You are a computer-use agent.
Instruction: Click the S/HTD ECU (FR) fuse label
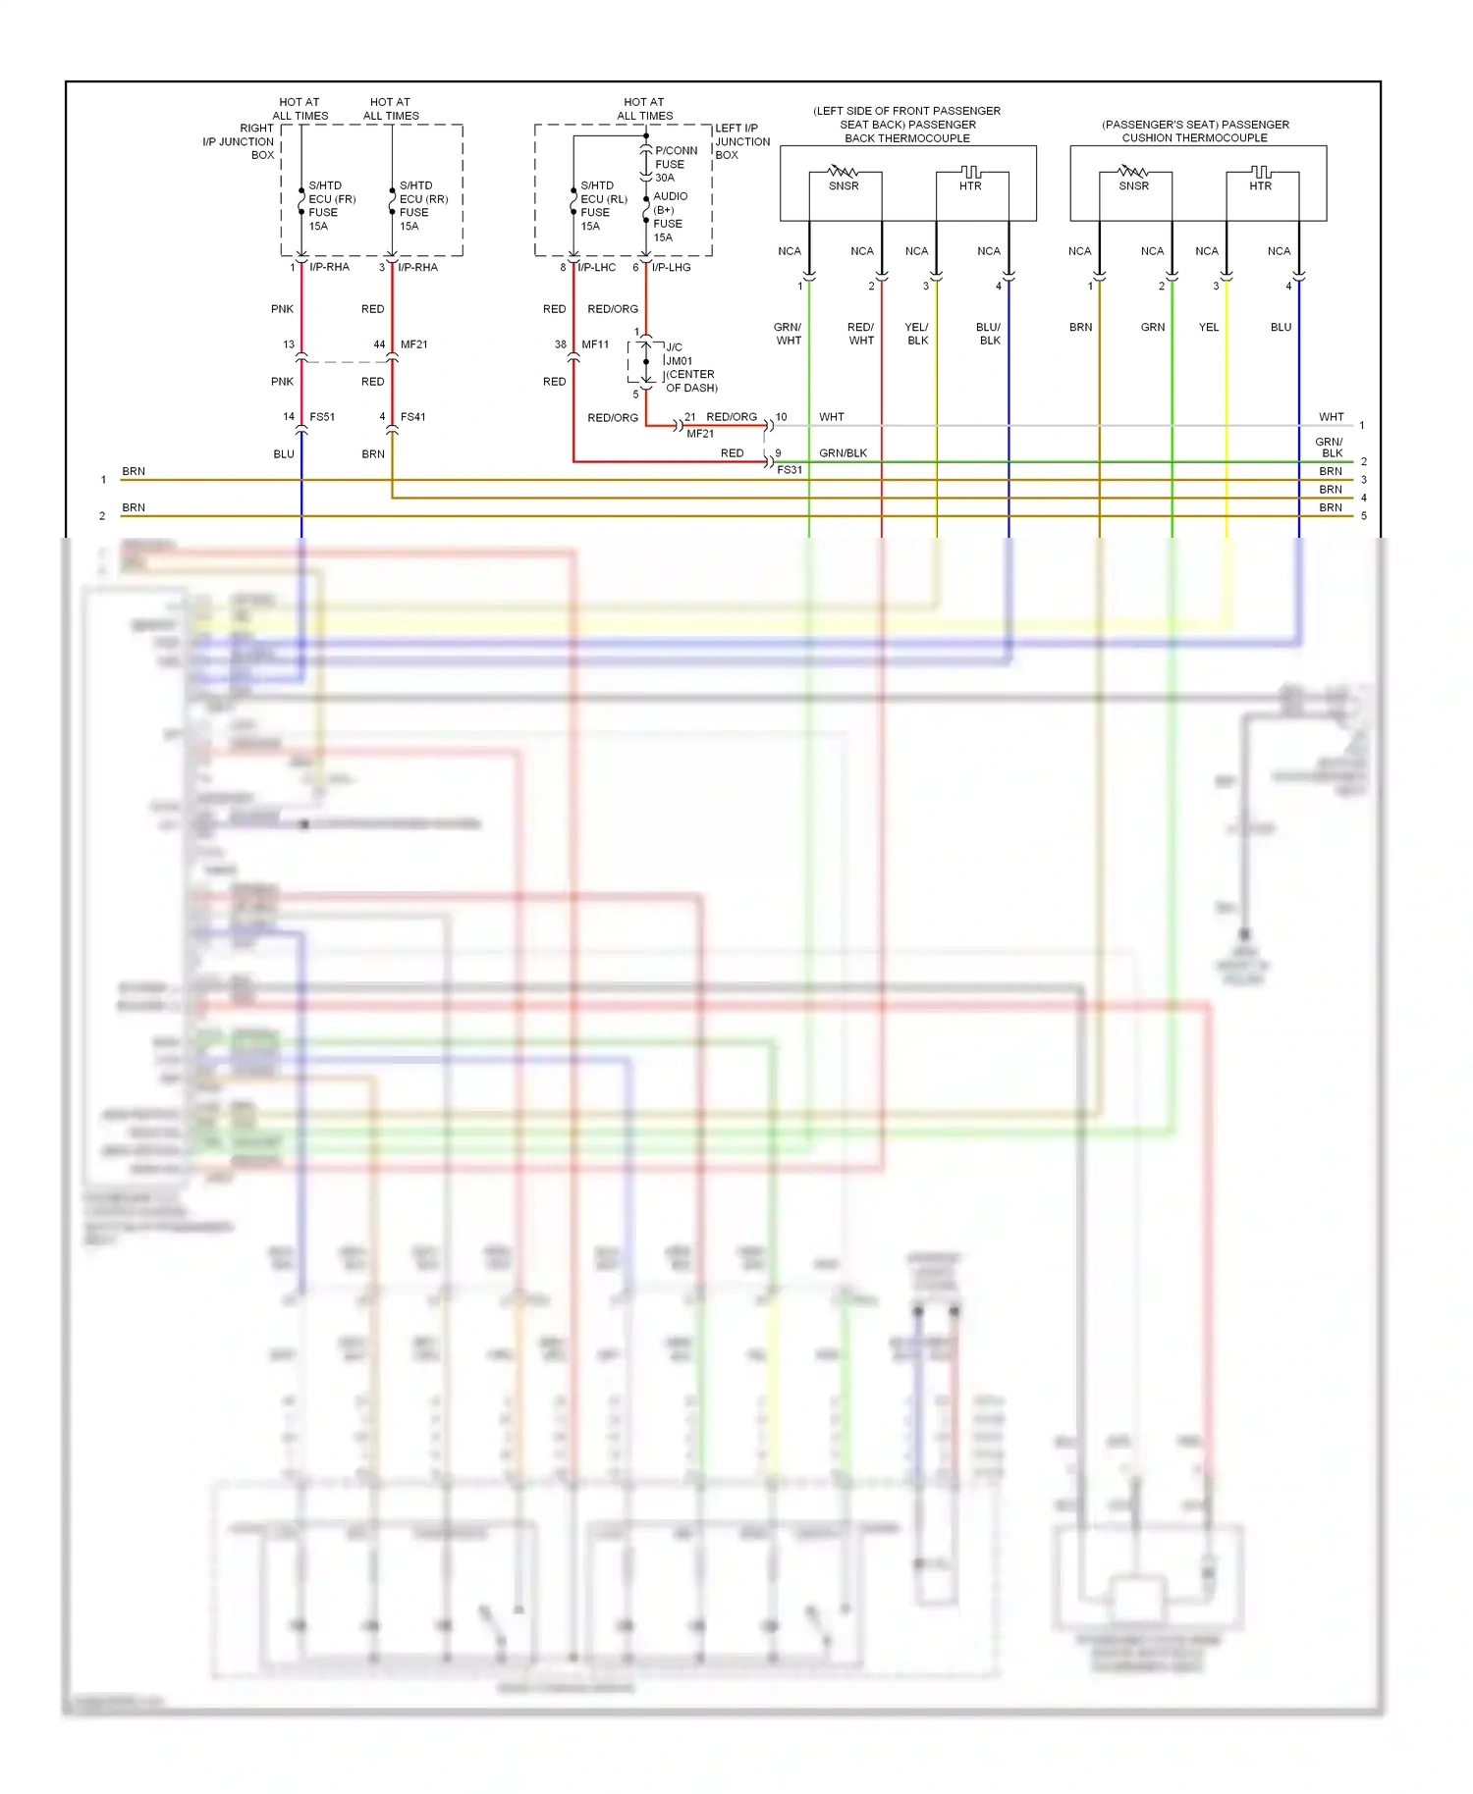(331, 205)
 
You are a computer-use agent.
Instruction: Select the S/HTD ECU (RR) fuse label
(422, 205)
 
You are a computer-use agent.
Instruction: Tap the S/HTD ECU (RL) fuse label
(603, 205)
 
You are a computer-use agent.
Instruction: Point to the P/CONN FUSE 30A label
(676, 164)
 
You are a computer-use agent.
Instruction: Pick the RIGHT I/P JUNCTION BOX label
(240, 141)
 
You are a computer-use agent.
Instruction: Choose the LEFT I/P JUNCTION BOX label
(741, 141)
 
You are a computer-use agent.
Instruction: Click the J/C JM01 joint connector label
(690, 367)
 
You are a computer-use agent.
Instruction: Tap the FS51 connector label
(322, 417)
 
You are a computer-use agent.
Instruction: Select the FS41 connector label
(412, 417)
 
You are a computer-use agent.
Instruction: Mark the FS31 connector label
(790, 470)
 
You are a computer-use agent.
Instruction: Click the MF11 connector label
(595, 344)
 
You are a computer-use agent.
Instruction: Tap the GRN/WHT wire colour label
(789, 334)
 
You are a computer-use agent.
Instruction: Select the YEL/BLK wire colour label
(917, 334)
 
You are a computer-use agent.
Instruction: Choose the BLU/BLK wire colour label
(989, 334)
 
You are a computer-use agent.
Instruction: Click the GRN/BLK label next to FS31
(843, 453)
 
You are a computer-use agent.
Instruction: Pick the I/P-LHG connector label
(671, 267)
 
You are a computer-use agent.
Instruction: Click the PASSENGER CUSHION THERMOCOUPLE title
(1195, 132)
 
